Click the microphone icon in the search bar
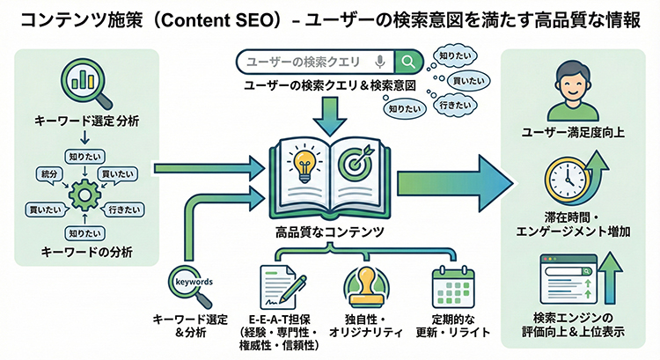[x=379, y=62]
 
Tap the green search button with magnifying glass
[x=407, y=62]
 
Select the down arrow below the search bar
[x=329, y=113]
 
